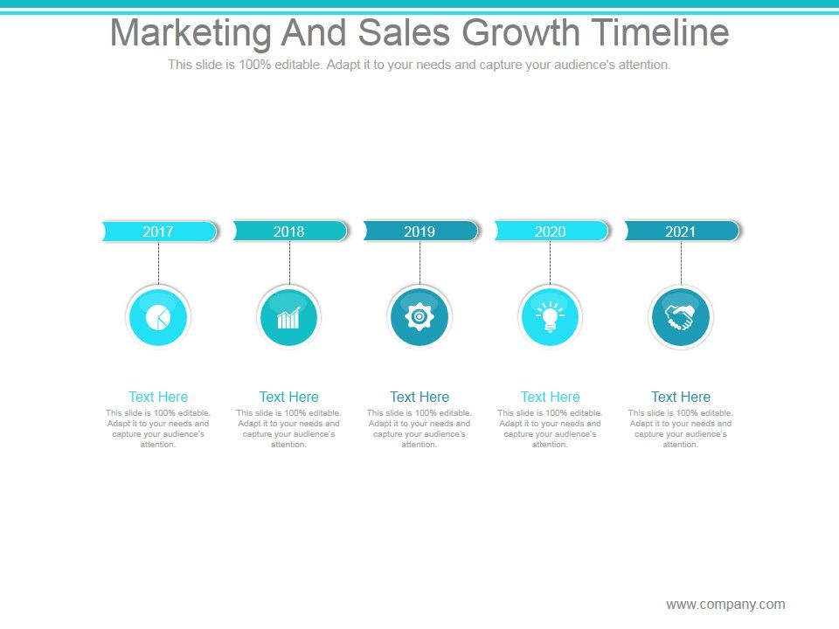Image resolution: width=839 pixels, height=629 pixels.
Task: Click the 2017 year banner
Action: tap(158, 232)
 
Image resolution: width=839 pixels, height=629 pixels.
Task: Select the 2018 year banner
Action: tap(289, 232)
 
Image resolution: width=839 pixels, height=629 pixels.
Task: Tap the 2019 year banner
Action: tap(419, 232)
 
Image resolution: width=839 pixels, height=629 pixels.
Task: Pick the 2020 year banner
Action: tap(551, 232)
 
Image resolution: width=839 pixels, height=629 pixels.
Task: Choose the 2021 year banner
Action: tap(681, 232)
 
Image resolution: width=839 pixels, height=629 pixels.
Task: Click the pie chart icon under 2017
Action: tap(158, 316)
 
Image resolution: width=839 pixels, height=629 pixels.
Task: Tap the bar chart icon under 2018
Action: tap(289, 316)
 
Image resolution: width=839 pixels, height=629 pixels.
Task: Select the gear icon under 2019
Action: tap(419, 316)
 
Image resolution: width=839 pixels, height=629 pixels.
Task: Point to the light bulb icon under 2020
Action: tap(551, 316)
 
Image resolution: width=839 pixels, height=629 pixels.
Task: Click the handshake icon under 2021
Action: tap(681, 316)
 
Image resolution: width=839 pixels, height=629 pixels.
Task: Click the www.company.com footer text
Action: tap(725, 604)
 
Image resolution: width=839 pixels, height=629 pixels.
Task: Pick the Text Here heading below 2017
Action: tap(158, 397)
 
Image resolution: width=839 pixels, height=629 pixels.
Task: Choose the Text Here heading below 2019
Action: tap(419, 397)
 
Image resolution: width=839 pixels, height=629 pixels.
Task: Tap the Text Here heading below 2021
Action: tap(681, 397)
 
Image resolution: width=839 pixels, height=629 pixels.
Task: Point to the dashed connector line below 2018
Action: tap(289, 262)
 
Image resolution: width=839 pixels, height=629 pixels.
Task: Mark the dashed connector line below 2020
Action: tap(551, 262)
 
